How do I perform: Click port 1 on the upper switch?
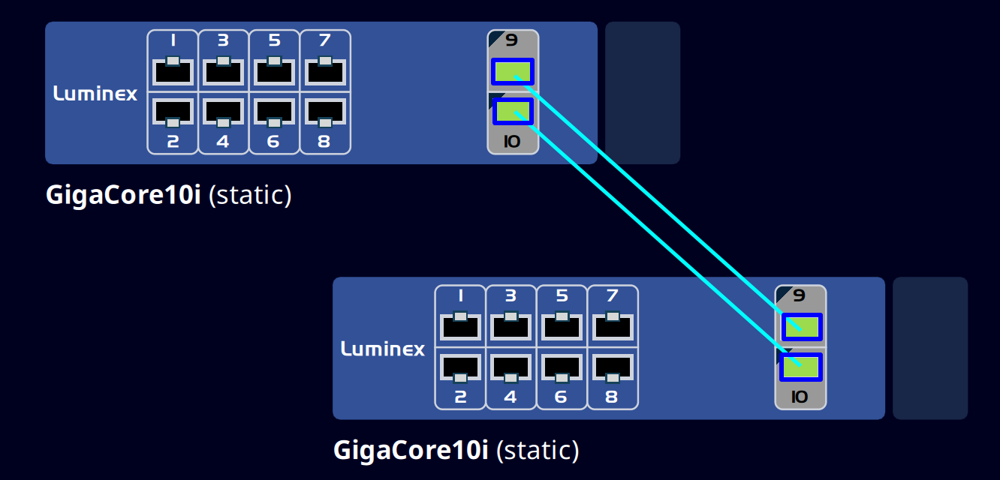pos(173,72)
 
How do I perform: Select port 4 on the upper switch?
pos(223,111)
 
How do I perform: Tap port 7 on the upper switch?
pos(325,72)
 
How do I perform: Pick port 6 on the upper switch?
pos(274,111)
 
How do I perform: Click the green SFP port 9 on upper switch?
pos(513,71)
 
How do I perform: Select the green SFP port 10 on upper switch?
pos(513,111)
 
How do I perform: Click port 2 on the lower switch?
pos(460,367)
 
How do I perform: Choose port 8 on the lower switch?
pos(613,367)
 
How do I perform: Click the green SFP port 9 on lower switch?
pos(801,327)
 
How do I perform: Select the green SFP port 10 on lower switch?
pos(801,367)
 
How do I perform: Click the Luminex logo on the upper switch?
pos(95,94)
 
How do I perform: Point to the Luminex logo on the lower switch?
pos(383,349)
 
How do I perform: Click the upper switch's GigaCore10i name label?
pos(123,195)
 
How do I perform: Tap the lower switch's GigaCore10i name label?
pos(411,451)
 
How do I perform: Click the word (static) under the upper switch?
pos(249,195)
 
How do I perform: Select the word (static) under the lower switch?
pos(537,451)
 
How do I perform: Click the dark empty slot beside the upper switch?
pos(642,92)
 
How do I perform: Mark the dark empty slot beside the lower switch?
pos(929,348)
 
